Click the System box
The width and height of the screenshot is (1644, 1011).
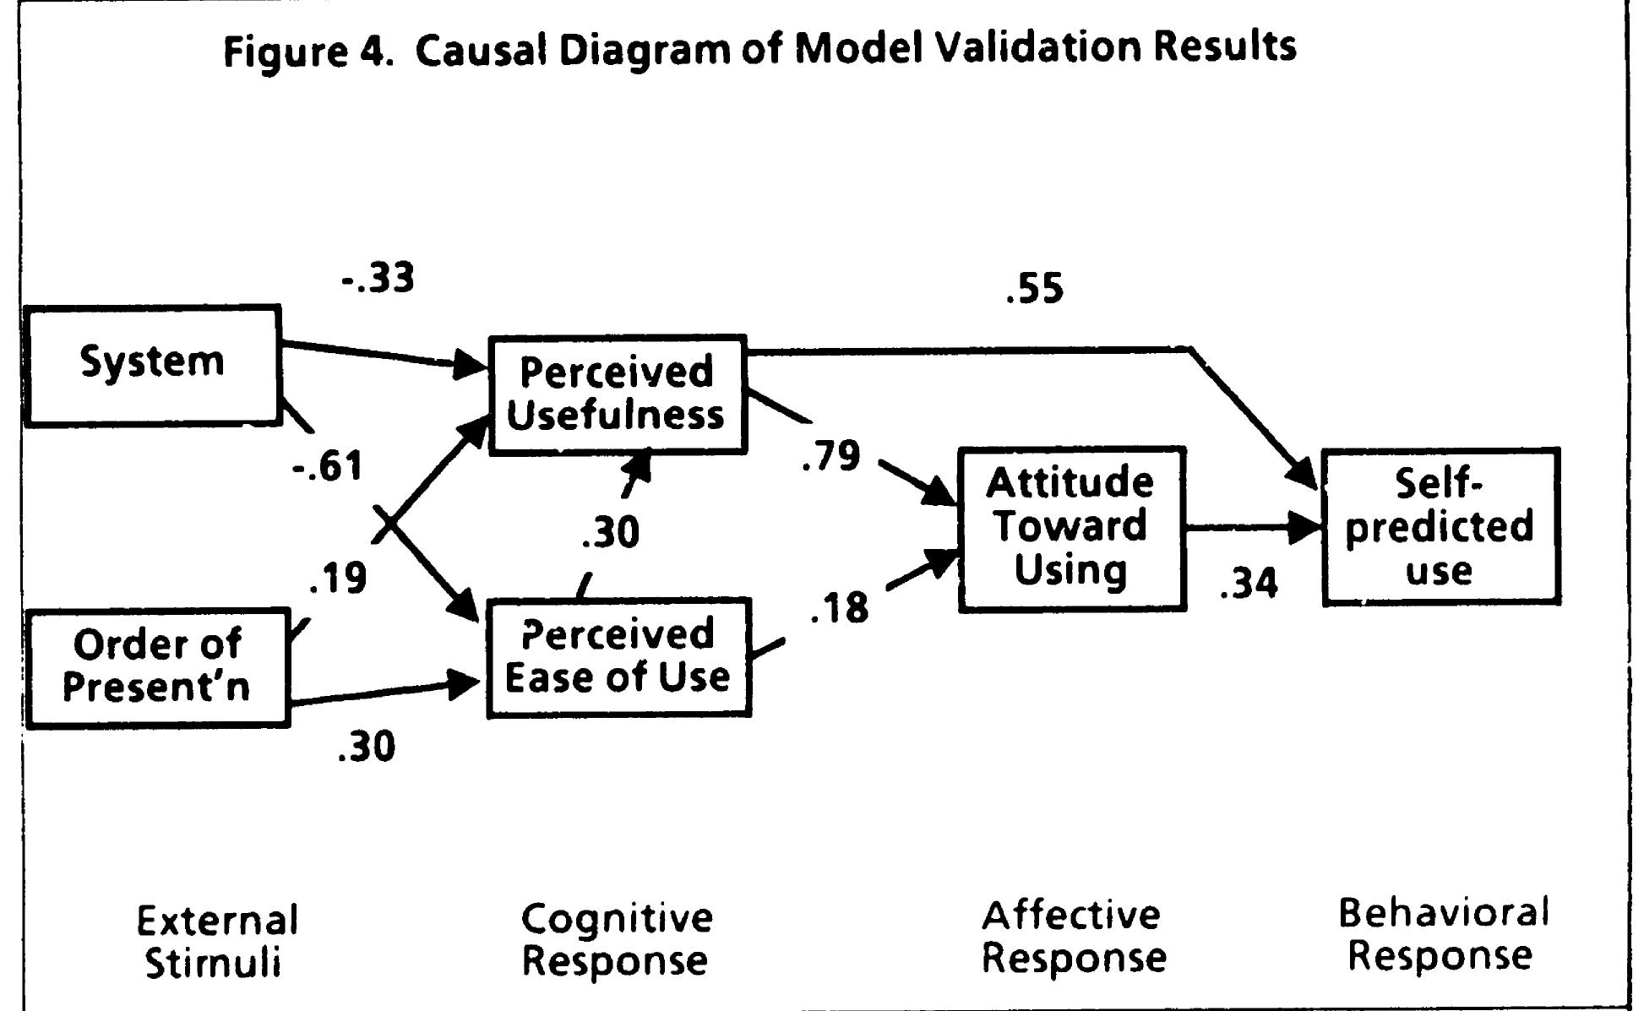point(152,364)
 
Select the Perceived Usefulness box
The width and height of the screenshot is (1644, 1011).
point(617,394)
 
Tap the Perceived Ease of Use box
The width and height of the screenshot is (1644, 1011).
point(618,657)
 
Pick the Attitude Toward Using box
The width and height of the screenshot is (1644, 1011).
point(1071,528)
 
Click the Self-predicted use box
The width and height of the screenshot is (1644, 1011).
point(1440,527)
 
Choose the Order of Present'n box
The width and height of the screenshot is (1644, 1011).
point(157,666)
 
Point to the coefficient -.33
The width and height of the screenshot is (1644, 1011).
point(378,278)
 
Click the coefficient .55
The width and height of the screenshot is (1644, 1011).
point(1035,289)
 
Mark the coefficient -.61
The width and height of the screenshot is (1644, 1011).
point(328,465)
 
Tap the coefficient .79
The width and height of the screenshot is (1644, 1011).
point(830,456)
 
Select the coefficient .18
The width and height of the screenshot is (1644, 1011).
point(839,607)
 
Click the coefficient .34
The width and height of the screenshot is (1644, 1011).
point(1249,583)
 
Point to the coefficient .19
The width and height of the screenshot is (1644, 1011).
point(338,579)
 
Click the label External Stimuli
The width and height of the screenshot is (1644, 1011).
point(216,941)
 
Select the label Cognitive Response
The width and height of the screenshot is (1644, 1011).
point(616,939)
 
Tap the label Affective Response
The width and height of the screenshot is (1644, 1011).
point(1073,936)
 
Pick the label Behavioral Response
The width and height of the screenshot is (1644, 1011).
point(1443,933)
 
